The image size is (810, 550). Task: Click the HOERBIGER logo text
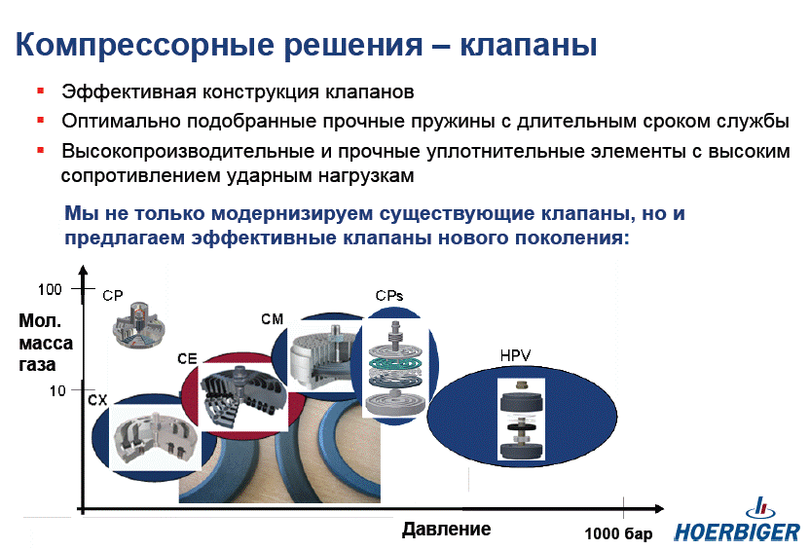[737, 532]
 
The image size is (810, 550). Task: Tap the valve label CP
[113, 296]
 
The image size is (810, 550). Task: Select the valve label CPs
[389, 296]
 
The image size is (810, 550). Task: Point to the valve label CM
[273, 319]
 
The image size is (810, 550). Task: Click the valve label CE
[187, 358]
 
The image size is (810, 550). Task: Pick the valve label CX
[97, 400]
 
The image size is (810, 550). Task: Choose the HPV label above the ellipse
[515, 355]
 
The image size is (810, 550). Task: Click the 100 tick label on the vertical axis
[50, 289]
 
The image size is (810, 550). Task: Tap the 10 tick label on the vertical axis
[57, 391]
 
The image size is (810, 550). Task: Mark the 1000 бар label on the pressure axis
[618, 533]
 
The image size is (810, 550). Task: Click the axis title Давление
[446, 529]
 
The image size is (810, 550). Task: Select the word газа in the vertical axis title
[37, 365]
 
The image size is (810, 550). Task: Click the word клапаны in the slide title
[529, 45]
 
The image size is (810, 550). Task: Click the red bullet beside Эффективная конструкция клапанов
[40, 92]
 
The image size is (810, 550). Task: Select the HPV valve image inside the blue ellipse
[521, 420]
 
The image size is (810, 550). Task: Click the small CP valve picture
[138, 325]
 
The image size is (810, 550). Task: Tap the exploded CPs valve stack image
[395, 367]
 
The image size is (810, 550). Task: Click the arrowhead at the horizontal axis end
[659, 509]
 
